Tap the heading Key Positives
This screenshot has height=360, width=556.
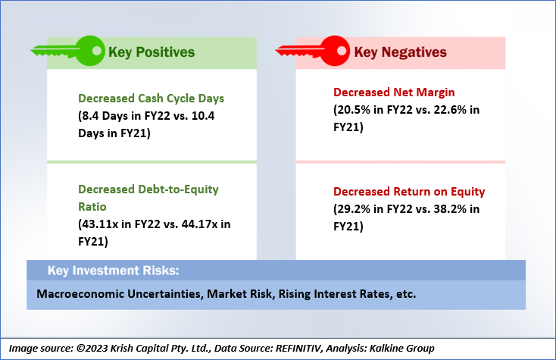coord(151,52)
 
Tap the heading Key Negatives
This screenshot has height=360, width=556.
coord(400,52)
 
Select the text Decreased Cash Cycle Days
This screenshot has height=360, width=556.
coord(151,99)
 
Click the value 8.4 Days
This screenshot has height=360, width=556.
coord(105,116)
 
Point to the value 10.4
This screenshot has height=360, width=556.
coord(203,116)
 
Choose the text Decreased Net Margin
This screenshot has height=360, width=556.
coord(394,92)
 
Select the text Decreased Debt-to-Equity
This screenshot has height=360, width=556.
coord(148,189)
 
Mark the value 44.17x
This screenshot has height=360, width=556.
coord(200,224)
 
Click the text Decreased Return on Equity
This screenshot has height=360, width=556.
coord(409,192)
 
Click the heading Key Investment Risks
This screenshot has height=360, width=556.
coord(114,271)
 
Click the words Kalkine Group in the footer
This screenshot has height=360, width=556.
coord(401,349)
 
